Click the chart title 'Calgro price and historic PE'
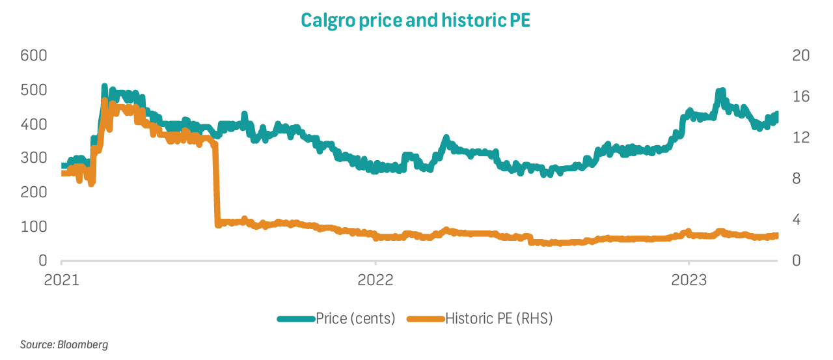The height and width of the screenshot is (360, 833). [x=415, y=20]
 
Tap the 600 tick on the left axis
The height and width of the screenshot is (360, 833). [x=34, y=55]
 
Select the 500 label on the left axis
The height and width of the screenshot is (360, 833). [x=34, y=90]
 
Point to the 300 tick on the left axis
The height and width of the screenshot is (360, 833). [x=34, y=158]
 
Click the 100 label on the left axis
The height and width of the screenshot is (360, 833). [x=34, y=227]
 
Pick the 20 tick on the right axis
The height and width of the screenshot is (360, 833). [x=801, y=55]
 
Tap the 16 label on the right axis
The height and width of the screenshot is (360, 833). [x=801, y=96]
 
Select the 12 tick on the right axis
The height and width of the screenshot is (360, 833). [x=801, y=137]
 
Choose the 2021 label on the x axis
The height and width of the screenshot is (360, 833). [x=62, y=281]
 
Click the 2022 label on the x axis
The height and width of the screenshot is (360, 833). [x=376, y=281]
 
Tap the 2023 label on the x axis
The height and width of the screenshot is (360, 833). [x=689, y=281]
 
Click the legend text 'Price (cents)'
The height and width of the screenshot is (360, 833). [x=355, y=318]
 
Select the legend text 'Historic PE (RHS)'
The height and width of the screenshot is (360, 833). [x=499, y=318]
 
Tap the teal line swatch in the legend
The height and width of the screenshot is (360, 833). [x=296, y=318]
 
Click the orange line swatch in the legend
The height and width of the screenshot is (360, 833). [x=426, y=318]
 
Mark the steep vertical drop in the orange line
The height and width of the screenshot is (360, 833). [x=216, y=186]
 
